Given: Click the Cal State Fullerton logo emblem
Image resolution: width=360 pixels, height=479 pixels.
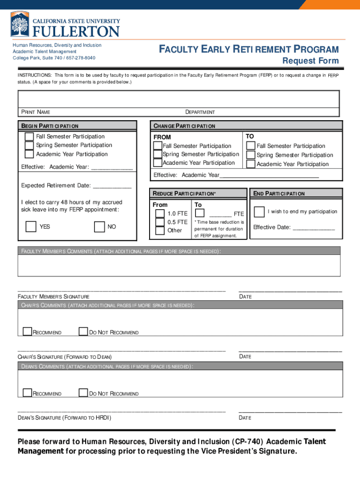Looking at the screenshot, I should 20,25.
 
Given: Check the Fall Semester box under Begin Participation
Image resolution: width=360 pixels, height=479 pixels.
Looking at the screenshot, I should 29,137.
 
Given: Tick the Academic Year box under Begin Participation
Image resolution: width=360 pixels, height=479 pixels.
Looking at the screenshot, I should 29,154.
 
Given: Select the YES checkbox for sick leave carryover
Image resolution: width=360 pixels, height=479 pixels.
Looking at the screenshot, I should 31,227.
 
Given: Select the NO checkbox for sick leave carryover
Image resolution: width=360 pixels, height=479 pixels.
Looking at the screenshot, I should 99,227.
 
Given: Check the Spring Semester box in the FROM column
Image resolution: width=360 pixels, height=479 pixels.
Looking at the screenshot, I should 158,154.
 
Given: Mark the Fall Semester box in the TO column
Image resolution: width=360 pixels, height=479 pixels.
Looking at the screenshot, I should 251,146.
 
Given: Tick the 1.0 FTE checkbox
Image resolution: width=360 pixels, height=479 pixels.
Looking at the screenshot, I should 159,213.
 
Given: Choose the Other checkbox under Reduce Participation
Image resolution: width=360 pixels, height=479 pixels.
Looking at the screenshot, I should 159,230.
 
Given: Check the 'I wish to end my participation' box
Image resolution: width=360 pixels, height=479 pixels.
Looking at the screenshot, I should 259,211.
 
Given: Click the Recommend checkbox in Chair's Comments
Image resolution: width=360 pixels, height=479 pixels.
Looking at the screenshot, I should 27,332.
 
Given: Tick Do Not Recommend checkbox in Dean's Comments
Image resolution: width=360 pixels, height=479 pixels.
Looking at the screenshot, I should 83,393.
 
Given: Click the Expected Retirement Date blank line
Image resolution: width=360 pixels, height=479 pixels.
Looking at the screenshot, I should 112,186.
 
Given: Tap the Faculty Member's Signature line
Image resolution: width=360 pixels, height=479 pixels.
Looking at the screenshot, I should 122,290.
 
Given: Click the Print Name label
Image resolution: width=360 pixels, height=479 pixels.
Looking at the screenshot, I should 36,112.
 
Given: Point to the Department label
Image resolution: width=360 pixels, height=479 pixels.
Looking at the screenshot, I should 200,112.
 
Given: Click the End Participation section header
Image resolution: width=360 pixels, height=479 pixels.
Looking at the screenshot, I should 279,194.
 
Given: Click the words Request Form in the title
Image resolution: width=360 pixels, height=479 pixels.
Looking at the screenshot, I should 310,61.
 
